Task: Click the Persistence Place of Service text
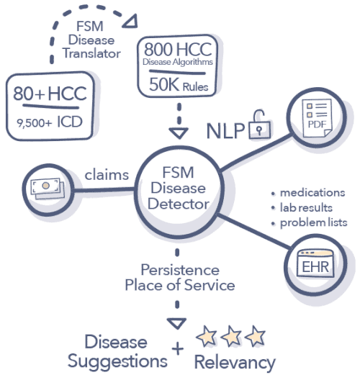point(179,277)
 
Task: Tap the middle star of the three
point(230,335)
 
